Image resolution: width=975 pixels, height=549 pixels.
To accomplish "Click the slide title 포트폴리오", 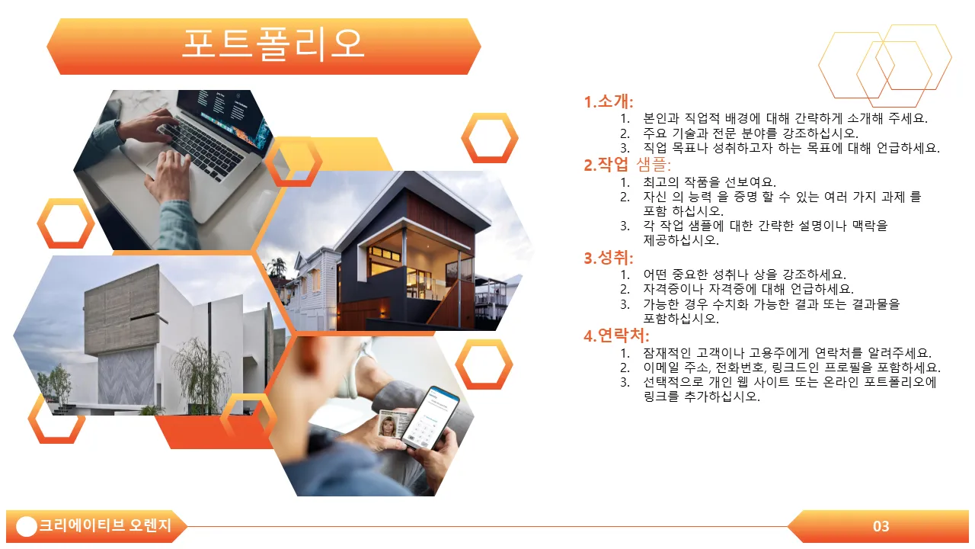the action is [273, 44].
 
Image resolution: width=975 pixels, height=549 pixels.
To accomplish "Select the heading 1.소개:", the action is [609, 101].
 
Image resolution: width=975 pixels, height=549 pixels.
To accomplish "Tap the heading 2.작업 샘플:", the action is [627, 164].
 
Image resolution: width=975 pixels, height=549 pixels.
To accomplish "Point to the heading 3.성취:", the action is [609, 258].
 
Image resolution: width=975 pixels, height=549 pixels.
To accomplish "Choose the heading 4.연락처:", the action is [616, 335].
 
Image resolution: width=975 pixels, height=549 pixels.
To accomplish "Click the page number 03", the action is [881, 526].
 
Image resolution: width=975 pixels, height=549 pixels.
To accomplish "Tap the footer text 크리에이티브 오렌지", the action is [105, 525].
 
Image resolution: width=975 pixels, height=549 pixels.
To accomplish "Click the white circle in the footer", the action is [27, 526].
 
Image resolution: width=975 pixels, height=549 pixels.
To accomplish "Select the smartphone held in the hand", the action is [430, 417].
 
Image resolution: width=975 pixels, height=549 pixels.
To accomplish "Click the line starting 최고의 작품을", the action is [709, 181].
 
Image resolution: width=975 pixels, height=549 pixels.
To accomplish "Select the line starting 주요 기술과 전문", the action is [751, 133].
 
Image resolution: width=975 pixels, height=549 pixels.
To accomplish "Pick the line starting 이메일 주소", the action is [791, 368].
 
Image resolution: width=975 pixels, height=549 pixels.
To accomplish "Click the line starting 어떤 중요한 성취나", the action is [745, 274].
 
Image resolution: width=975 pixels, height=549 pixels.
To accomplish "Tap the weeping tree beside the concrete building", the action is [198, 374].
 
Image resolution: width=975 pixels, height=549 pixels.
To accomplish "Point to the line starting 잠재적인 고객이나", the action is [787, 352].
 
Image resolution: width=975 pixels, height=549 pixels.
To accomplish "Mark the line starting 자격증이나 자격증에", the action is [748, 289].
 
